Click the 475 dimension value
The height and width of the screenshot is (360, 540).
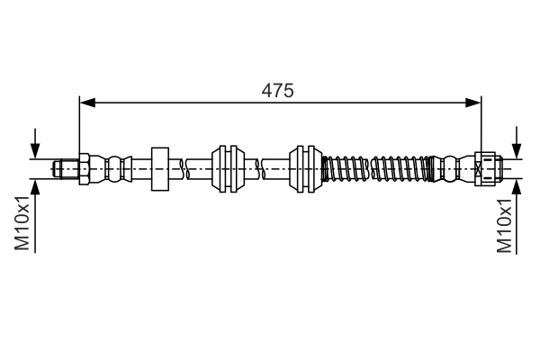click(x=278, y=90)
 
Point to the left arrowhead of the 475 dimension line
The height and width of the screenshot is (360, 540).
click(x=86, y=103)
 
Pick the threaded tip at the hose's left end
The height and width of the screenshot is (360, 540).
click(x=65, y=167)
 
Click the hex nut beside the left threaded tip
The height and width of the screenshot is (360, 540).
click(x=82, y=167)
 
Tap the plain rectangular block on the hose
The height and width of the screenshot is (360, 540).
click(x=160, y=167)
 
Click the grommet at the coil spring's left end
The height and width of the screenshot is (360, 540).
click(x=306, y=167)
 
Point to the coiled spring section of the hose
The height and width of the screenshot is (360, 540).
click(x=378, y=167)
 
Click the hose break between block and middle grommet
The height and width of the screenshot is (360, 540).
click(x=185, y=167)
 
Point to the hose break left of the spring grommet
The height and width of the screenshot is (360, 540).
click(x=262, y=167)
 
